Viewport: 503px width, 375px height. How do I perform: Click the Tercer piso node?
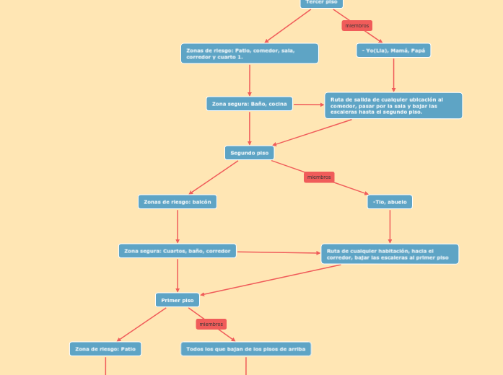(321, 3)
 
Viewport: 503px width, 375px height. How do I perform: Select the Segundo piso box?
(249, 153)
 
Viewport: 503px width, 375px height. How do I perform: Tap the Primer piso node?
(177, 300)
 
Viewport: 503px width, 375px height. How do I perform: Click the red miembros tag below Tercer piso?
(357, 26)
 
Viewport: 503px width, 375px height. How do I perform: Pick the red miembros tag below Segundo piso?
(319, 177)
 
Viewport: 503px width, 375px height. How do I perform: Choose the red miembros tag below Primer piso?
(211, 325)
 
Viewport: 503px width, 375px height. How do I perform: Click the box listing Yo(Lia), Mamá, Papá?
(393, 50)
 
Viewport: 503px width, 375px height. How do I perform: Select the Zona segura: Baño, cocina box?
(249, 104)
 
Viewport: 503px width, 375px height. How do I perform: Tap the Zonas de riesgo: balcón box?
(177, 202)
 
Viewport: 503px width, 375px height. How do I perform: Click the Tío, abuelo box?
(390, 202)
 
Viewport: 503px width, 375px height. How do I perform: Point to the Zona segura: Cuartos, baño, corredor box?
(177, 251)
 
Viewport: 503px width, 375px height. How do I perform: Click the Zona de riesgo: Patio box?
(105, 349)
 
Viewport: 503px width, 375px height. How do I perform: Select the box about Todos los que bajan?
(245, 349)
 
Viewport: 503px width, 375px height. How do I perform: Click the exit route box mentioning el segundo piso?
(393, 106)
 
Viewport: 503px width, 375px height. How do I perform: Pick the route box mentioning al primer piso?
(390, 254)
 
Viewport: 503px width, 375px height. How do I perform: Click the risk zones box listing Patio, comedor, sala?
(249, 53)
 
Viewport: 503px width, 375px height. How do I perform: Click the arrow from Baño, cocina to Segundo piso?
(250, 128)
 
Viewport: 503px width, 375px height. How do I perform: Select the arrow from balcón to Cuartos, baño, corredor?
(178, 226)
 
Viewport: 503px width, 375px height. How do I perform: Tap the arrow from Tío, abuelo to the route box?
(390, 226)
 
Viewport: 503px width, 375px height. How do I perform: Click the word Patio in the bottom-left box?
(128, 349)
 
